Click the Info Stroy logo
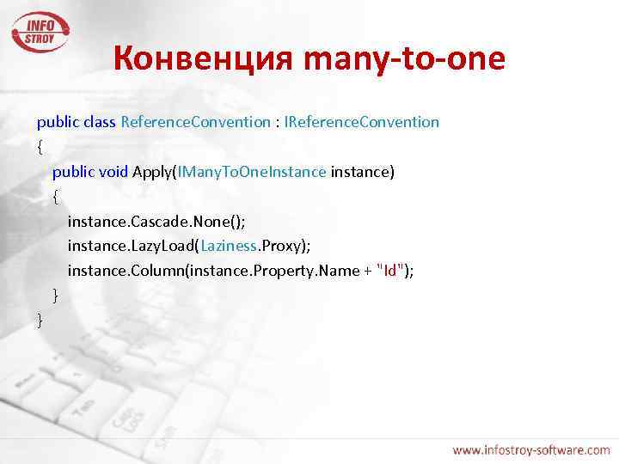click(x=40, y=32)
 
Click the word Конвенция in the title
click(x=204, y=59)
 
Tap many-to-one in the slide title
click(x=405, y=59)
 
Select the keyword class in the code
click(x=101, y=122)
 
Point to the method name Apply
click(x=151, y=172)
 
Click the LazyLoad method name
click(x=165, y=247)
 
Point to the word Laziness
click(x=229, y=247)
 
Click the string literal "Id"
click(x=391, y=272)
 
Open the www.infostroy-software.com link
click(x=531, y=449)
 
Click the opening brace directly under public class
click(x=40, y=147)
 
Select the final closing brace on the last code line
click(x=40, y=321)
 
